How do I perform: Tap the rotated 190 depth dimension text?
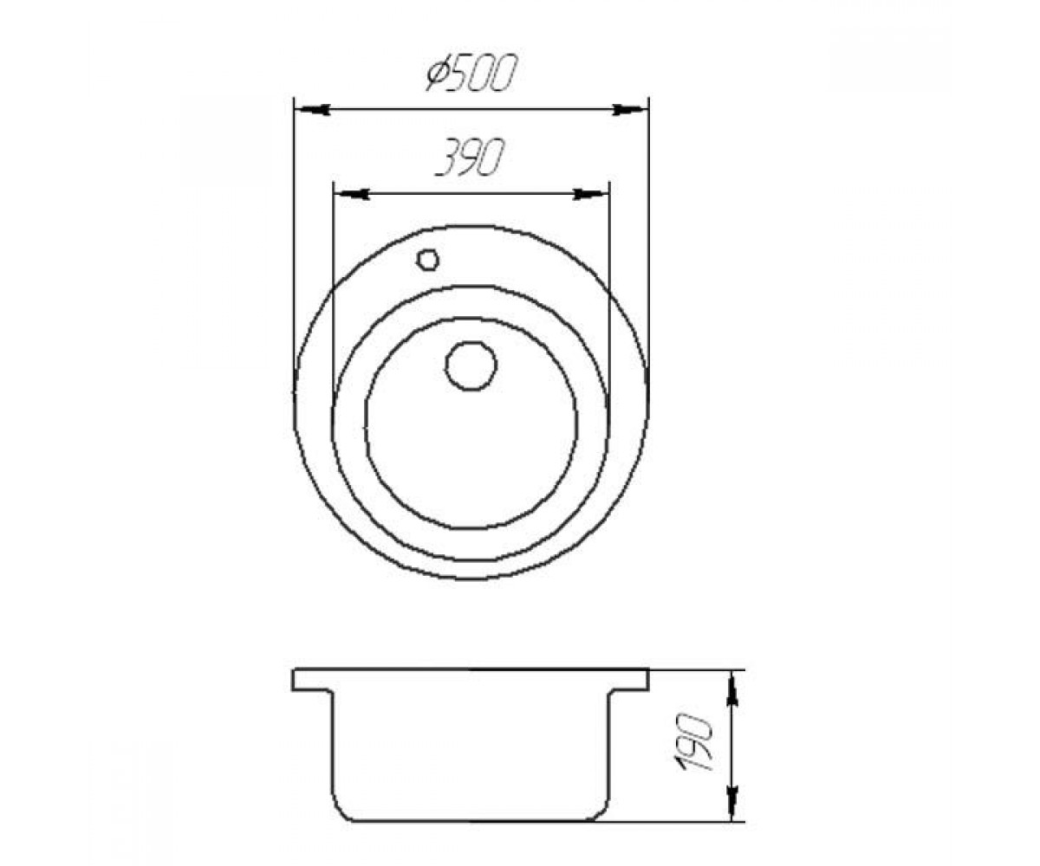click(x=693, y=742)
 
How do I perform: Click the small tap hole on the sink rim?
click(x=427, y=259)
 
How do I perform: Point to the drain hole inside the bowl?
click(x=471, y=365)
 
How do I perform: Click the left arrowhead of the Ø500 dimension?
click(x=312, y=109)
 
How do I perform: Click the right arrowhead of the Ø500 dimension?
click(x=631, y=109)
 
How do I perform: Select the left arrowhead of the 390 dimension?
click(x=351, y=194)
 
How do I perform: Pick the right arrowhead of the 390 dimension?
click(x=592, y=194)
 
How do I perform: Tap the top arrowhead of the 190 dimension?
click(x=731, y=688)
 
